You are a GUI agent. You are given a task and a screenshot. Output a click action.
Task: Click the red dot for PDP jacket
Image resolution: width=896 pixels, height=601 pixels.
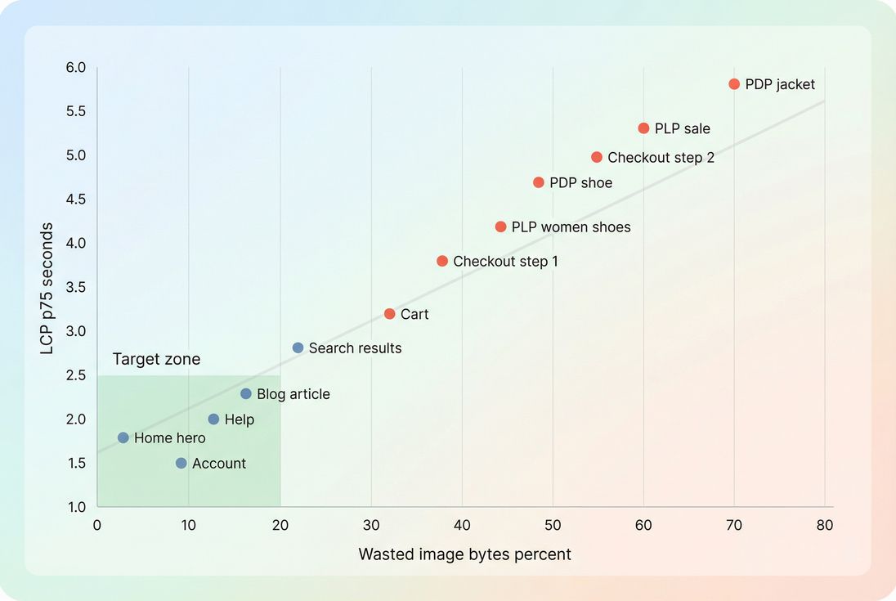pyautogui.click(x=734, y=84)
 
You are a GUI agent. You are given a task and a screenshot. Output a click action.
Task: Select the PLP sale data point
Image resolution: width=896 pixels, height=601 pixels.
pyautogui.click(x=643, y=128)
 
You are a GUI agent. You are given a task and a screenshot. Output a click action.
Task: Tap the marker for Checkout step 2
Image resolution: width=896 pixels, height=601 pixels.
pyautogui.click(x=597, y=157)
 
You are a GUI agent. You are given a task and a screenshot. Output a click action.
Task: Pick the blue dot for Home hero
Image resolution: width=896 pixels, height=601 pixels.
pyautogui.click(x=123, y=437)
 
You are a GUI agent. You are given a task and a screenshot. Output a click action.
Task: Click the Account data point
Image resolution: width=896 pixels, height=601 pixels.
pyautogui.click(x=181, y=463)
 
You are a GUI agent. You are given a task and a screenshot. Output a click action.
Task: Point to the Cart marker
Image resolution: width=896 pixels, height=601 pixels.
pyautogui.click(x=389, y=314)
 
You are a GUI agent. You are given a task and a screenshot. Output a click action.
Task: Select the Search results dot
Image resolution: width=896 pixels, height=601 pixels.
pyautogui.click(x=298, y=348)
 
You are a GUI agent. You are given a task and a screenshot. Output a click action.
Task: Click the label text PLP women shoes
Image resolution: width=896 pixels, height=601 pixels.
pyautogui.click(x=571, y=227)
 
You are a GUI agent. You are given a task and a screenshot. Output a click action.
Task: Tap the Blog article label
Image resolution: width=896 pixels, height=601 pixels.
pyautogui.click(x=293, y=394)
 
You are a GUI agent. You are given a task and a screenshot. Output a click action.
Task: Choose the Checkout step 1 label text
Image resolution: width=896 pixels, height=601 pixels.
pyautogui.click(x=505, y=262)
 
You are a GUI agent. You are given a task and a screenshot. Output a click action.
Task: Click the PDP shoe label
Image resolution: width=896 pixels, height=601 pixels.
pyautogui.click(x=580, y=183)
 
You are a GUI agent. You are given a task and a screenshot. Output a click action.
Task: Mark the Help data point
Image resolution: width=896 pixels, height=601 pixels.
pyautogui.click(x=213, y=419)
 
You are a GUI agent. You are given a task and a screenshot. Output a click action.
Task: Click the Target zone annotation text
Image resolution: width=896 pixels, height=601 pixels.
pyautogui.click(x=156, y=360)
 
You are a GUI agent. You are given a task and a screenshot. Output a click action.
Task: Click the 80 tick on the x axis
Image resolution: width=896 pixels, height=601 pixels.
pyautogui.click(x=824, y=524)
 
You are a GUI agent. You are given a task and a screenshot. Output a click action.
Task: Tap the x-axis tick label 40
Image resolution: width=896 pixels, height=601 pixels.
pyautogui.click(x=462, y=524)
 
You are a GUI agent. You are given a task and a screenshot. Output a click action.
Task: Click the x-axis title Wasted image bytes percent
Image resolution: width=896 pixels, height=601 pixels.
pyautogui.click(x=464, y=554)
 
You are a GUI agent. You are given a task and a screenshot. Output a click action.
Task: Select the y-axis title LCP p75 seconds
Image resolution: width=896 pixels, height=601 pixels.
pyautogui.click(x=47, y=288)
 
